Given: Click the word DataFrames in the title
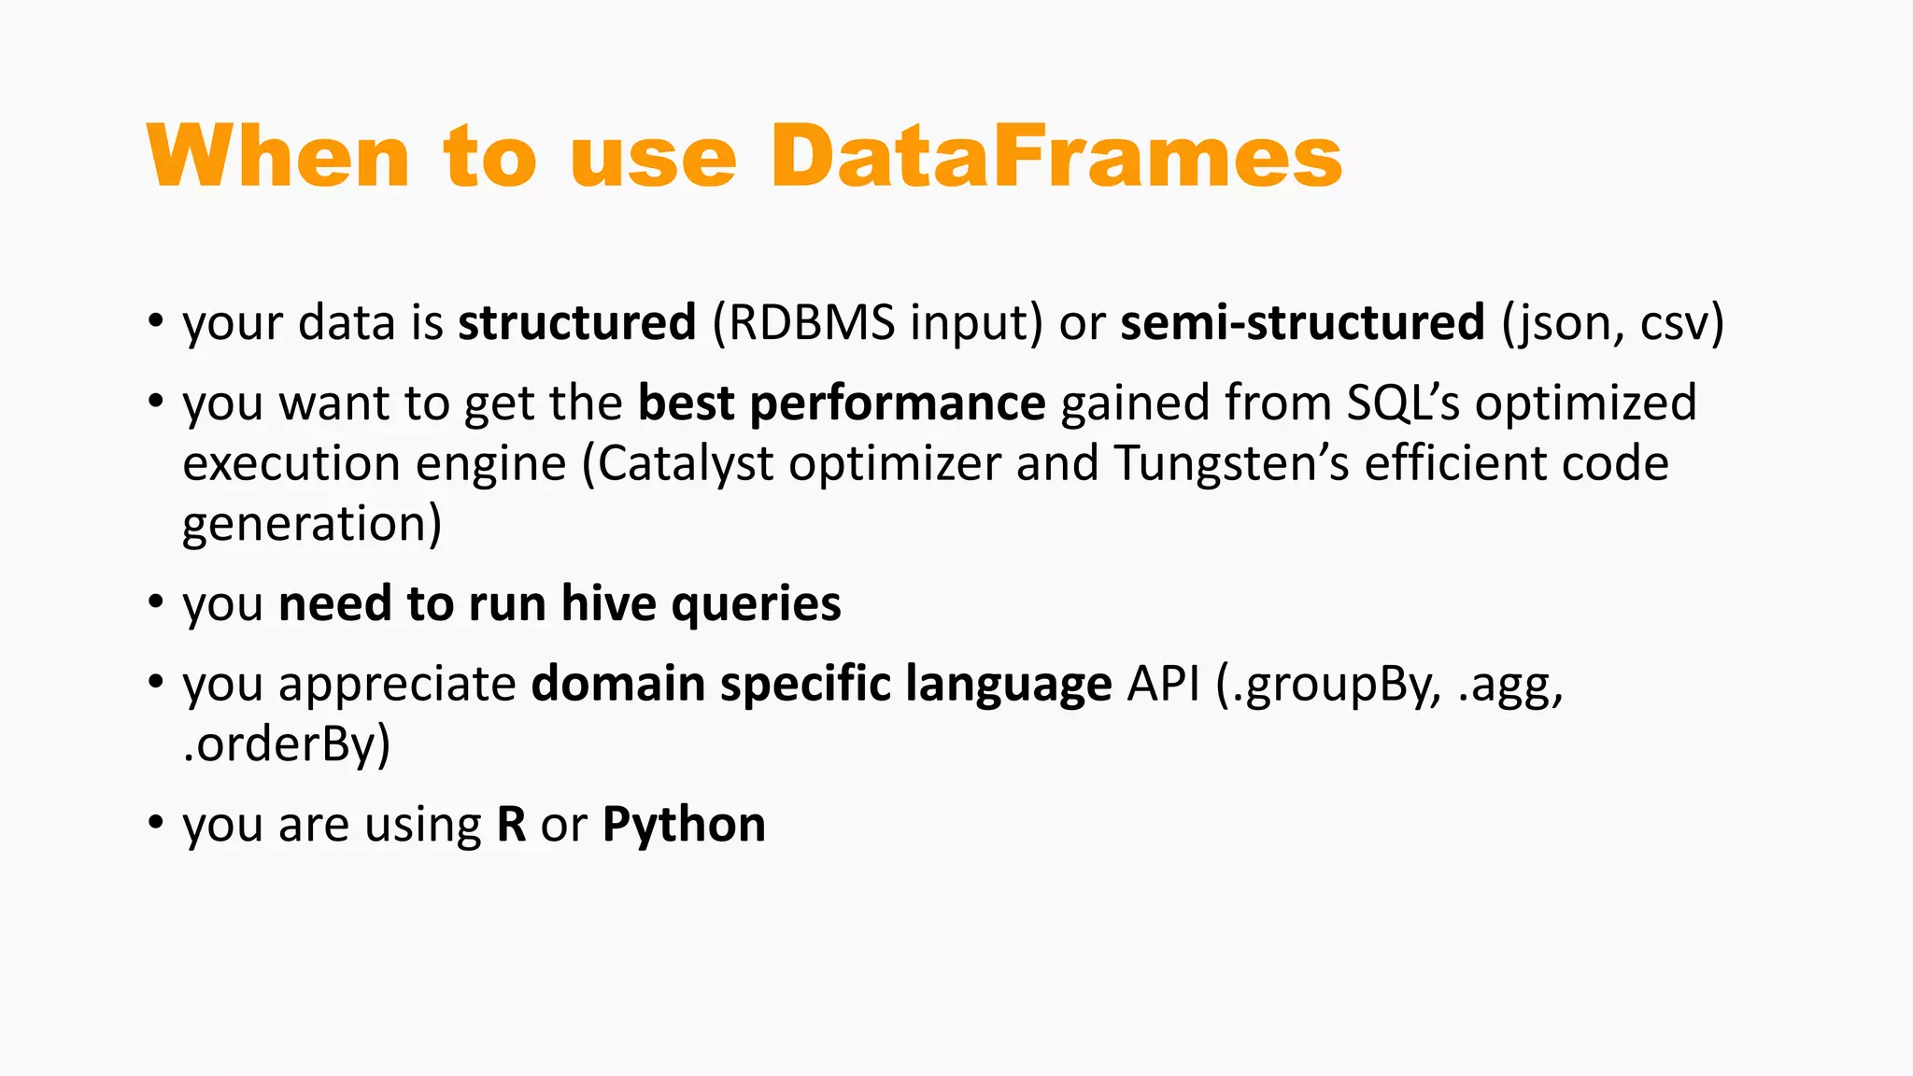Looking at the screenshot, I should coord(1056,157).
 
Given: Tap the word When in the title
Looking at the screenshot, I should coord(278,157).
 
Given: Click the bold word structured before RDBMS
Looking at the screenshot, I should coord(576,322).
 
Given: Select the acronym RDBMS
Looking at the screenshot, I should coord(805,322).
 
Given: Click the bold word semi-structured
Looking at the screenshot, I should coord(1302,322).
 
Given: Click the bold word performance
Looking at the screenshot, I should coord(897,403).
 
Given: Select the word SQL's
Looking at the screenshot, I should coord(1403,403).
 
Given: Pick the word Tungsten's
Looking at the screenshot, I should coord(1231,464).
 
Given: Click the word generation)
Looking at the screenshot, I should coord(312,524).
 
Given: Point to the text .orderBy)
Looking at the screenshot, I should coord(286,744).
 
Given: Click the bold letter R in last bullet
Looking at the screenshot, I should coord(511,825).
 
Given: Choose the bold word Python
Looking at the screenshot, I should coord(684,825).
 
